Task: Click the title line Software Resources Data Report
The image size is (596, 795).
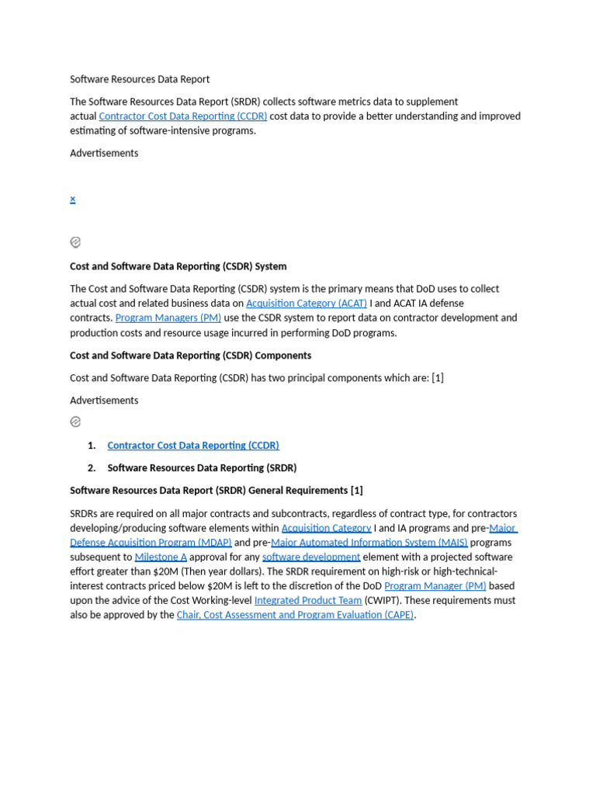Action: point(140,79)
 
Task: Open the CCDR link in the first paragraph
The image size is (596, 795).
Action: point(183,116)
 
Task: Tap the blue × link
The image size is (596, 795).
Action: point(73,199)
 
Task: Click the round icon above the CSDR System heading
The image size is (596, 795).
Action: point(75,242)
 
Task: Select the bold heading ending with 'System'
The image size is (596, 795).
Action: point(178,266)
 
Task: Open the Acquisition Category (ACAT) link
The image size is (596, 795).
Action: point(307,304)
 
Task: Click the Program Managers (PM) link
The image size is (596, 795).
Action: point(168,318)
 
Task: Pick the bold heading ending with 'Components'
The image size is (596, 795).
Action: point(191,356)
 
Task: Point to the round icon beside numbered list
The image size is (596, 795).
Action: point(75,422)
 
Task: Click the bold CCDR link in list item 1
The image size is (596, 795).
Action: point(193,446)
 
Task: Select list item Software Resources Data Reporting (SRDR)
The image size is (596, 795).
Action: point(202,468)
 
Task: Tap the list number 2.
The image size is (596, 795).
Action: point(92,468)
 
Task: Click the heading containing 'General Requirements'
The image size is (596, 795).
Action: point(217,491)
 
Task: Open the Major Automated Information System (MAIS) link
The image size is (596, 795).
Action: point(369,543)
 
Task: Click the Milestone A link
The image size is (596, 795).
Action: point(161,557)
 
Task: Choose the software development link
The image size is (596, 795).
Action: point(311,557)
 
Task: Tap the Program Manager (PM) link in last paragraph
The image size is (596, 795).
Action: point(435,586)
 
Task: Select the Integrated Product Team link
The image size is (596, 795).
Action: point(308,601)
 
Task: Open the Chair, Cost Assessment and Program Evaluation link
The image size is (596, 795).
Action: point(296,615)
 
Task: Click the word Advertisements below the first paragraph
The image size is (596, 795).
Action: point(104,153)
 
